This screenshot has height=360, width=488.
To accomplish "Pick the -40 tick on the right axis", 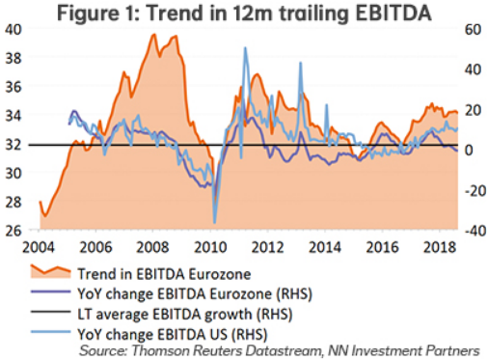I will click(x=471, y=231).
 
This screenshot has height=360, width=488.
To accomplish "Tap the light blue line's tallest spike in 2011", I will click(x=245, y=48).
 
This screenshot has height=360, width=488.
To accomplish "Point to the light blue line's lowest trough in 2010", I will click(x=214, y=222).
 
